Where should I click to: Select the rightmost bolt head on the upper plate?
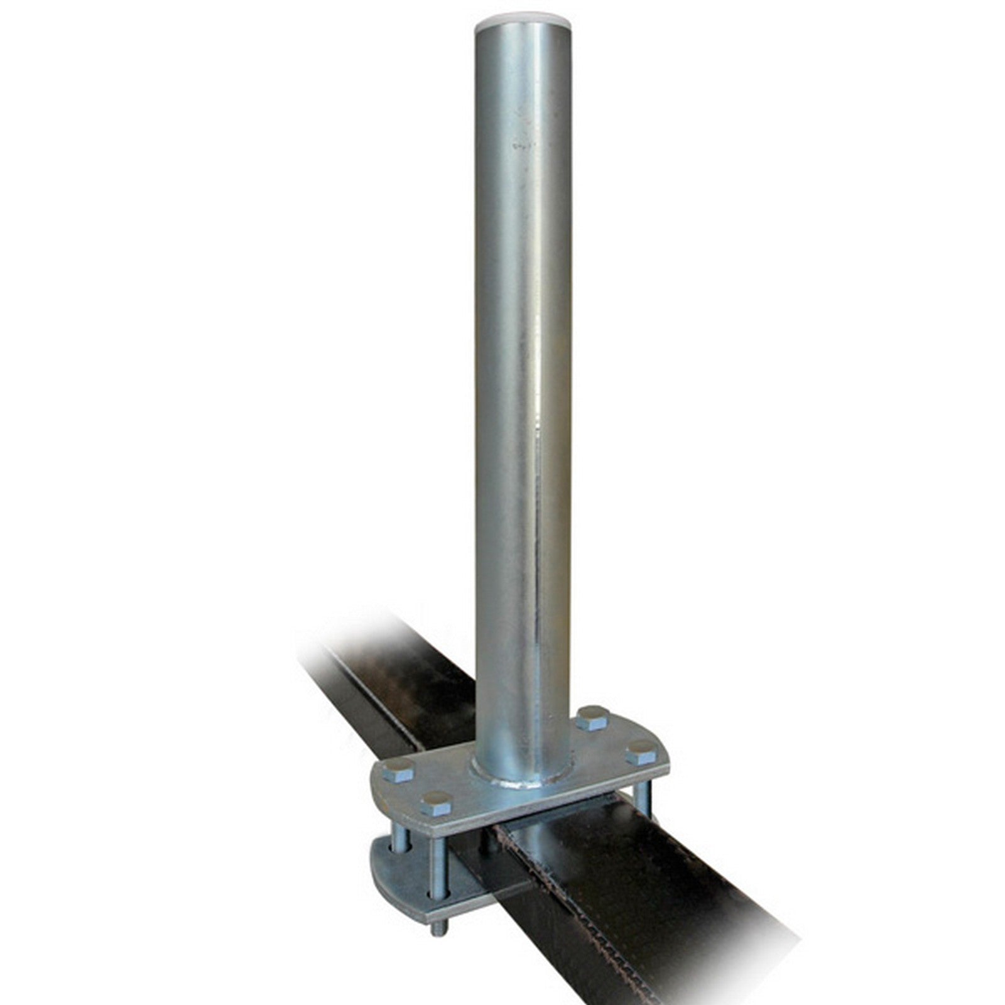click(641, 747)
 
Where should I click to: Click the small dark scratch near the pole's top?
click(521, 147)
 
